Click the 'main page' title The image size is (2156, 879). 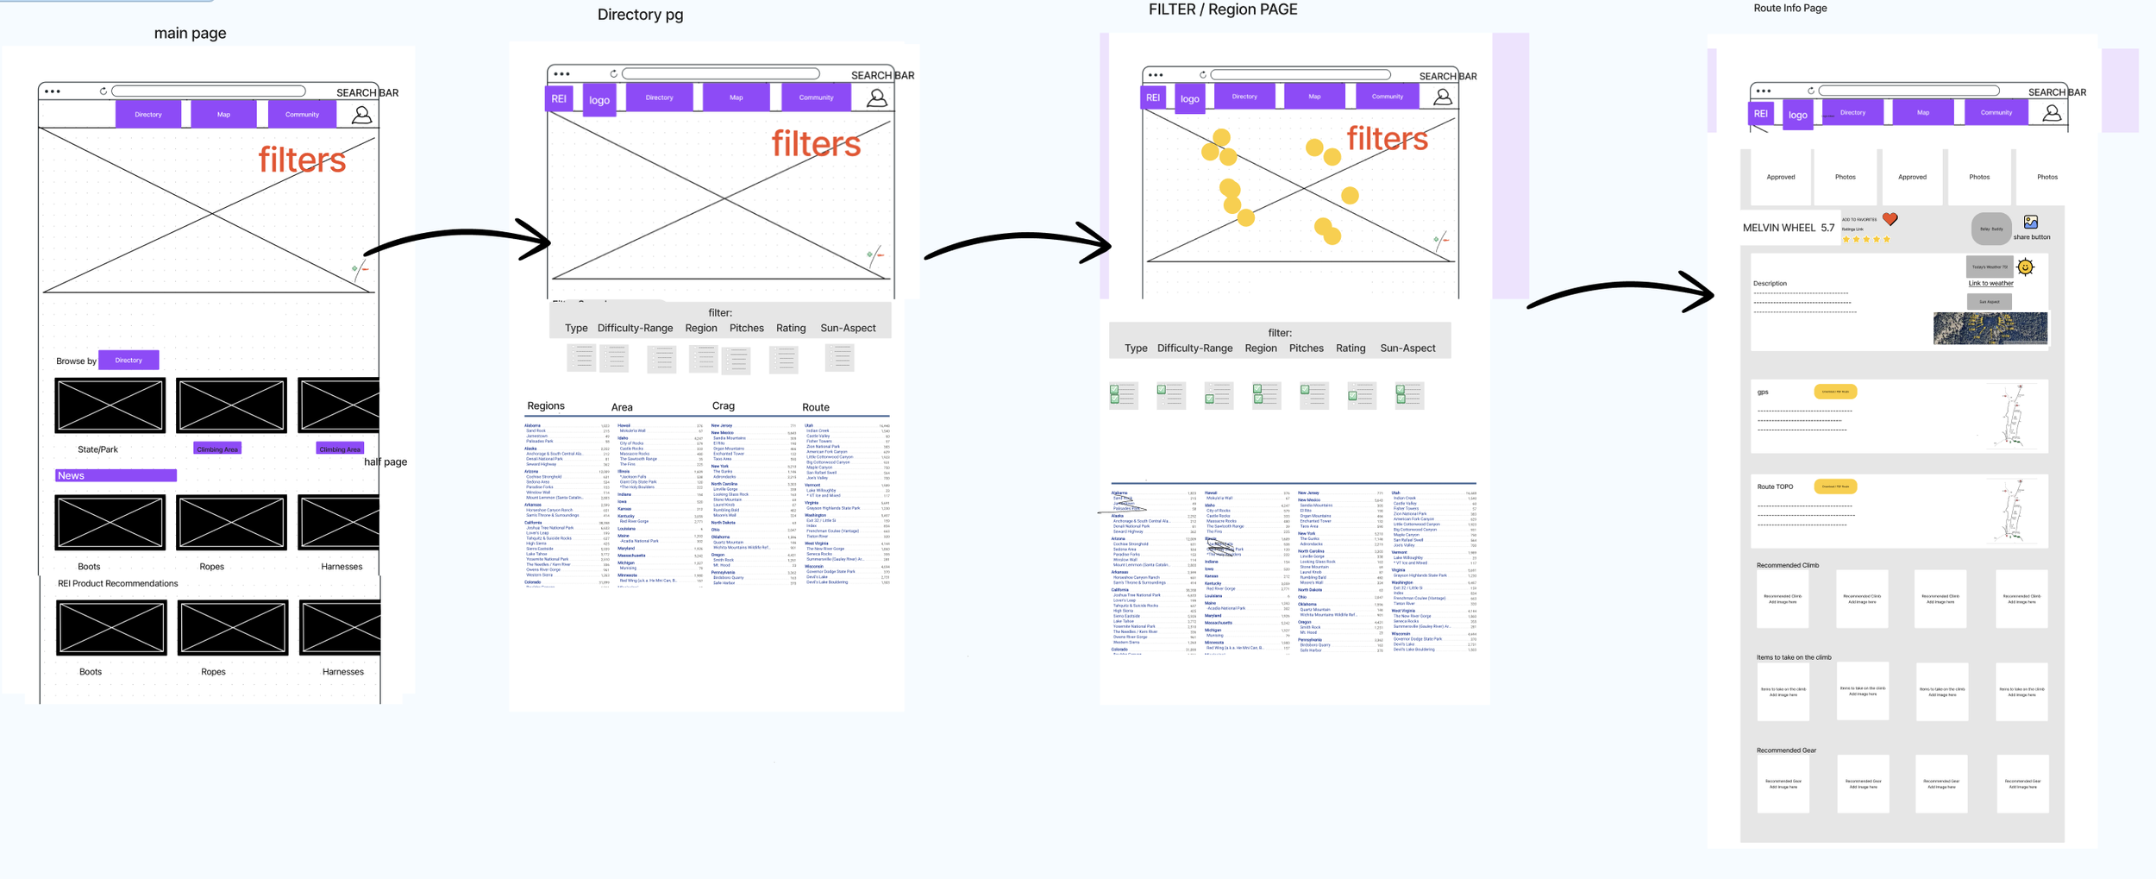[190, 34]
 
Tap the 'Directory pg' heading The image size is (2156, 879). [640, 15]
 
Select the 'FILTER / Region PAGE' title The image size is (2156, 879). [1222, 9]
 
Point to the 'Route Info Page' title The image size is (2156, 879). [1789, 9]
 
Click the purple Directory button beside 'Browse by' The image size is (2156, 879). [128, 360]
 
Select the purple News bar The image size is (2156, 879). [116, 475]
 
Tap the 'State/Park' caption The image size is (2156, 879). [97, 449]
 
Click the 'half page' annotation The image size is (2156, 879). [385, 461]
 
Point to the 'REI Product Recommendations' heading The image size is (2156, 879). [117, 583]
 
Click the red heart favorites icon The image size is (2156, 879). [1890, 219]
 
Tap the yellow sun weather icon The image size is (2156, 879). [2026, 267]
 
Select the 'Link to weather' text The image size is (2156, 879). [1990, 283]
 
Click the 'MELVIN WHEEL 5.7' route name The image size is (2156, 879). [1788, 228]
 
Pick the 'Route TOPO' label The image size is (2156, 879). [1775, 487]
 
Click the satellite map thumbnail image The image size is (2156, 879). [1990, 328]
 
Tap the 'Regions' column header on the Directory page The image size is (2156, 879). [546, 406]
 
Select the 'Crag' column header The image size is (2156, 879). [723, 406]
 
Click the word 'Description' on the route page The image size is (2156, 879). [1770, 283]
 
